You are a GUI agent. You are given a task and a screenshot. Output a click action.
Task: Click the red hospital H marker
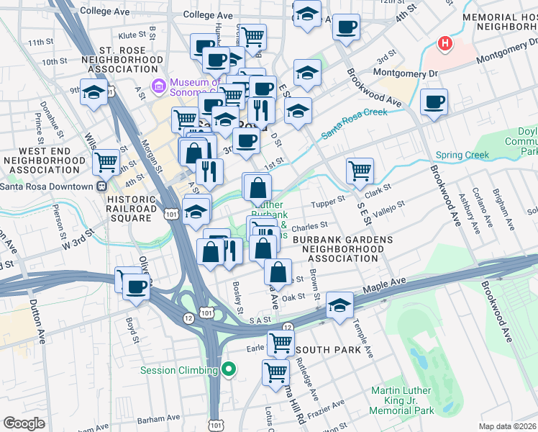446,44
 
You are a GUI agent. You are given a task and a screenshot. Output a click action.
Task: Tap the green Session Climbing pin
229,371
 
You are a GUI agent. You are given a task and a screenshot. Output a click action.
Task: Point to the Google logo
24,423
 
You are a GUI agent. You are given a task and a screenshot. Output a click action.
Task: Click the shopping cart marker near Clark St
360,171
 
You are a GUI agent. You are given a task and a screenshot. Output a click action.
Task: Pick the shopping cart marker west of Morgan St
106,162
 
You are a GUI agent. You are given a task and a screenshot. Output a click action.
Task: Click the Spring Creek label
462,155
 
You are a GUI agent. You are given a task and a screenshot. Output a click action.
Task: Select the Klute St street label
132,35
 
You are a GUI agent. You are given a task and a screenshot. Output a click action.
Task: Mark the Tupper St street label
331,199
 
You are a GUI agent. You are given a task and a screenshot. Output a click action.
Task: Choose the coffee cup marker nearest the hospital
433,102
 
